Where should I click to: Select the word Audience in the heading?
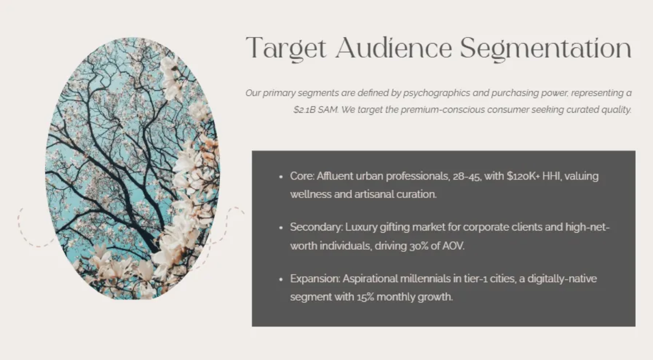pos(393,48)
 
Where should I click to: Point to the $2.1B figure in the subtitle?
pos(304,109)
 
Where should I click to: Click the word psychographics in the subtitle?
pos(436,93)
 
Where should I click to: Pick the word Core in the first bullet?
pos(302,176)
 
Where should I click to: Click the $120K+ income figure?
pos(523,176)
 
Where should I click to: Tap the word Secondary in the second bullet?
pos(316,227)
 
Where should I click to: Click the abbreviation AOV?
pos(453,246)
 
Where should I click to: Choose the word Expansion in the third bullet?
pos(315,279)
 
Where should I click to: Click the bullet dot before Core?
pos(281,177)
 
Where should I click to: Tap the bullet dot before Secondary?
pos(281,228)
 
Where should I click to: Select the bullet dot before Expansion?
pos(281,280)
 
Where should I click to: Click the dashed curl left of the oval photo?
pos(32,230)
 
